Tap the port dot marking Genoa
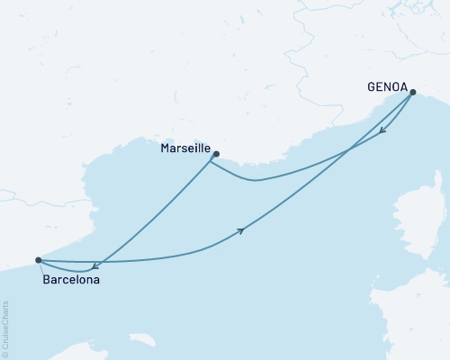413,92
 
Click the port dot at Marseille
215,154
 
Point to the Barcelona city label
71,280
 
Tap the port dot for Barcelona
38,260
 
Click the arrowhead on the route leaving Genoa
383,131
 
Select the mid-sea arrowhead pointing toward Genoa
241,231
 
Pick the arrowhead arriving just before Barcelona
95,265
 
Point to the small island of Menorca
141,341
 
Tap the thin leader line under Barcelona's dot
41,268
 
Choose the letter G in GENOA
372,87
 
